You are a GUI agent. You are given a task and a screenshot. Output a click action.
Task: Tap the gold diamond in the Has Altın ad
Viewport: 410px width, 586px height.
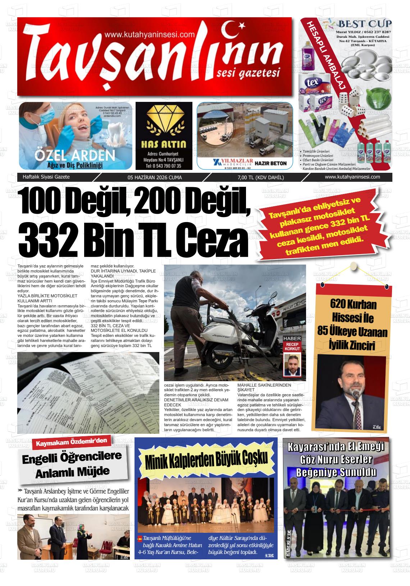[x=164, y=121]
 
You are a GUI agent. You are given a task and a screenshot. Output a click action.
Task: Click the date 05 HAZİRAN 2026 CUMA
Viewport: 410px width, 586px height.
[x=155, y=177]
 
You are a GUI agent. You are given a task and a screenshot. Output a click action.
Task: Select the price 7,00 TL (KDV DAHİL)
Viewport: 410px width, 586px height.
[x=260, y=177]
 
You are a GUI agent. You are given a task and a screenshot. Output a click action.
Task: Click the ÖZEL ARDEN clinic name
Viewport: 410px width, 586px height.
[x=74, y=155]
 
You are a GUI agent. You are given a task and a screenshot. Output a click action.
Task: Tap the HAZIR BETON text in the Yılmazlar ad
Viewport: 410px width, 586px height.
[x=270, y=163]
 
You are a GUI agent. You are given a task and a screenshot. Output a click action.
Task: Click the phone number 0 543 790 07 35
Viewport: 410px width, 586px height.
[x=164, y=166]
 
